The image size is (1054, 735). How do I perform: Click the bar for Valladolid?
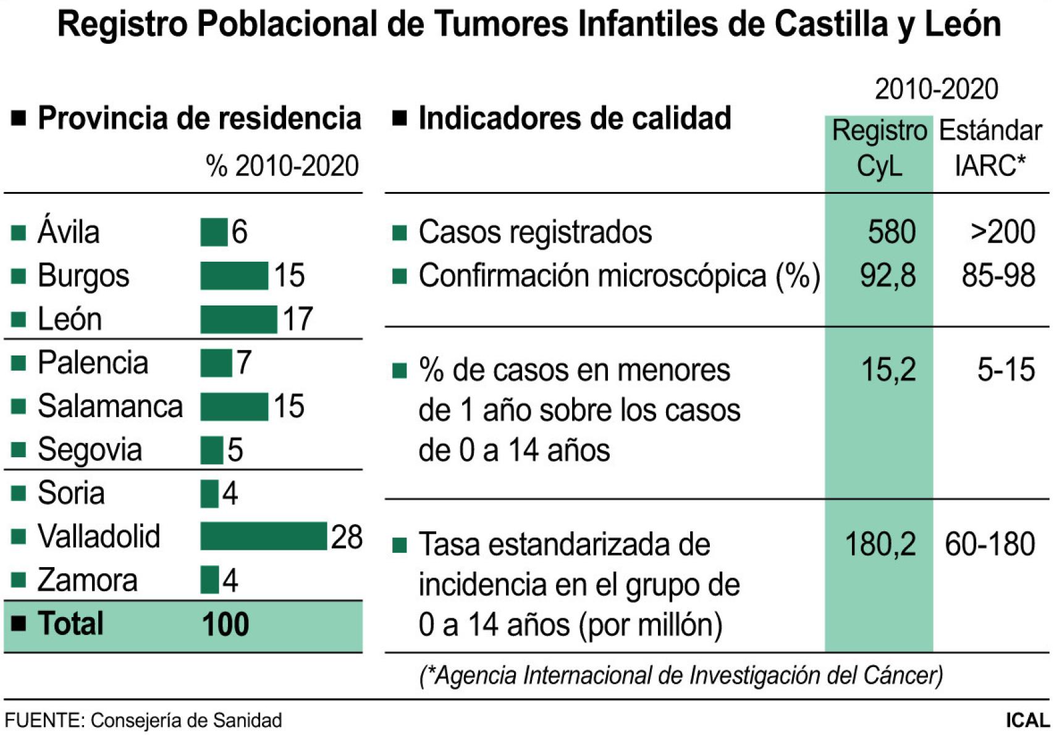[x=263, y=536]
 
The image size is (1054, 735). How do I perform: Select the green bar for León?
[x=238, y=319]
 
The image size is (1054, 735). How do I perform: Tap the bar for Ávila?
[x=214, y=232]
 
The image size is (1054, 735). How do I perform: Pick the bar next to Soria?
[x=209, y=493]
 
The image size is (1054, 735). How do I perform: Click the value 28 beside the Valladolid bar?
[x=347, y=537]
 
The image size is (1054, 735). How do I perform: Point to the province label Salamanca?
[x=110, y=406]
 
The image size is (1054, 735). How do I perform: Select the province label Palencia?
[x=93, y=362]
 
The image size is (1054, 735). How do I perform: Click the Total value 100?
[x=226, y=624]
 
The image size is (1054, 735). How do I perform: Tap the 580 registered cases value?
[x=891, y=232]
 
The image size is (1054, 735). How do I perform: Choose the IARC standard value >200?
[x=1002, y=232]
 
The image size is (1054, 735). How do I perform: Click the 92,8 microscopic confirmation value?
[x=888, y=275]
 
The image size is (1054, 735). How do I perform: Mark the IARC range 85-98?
[x=998, y=275]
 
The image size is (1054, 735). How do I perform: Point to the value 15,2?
[x=888, y=370]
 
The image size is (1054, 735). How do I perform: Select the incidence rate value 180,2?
[x=880, y=544]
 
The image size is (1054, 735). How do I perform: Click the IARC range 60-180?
[x=990, y=544]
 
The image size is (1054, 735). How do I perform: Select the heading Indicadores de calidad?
[x=575, y=118]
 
